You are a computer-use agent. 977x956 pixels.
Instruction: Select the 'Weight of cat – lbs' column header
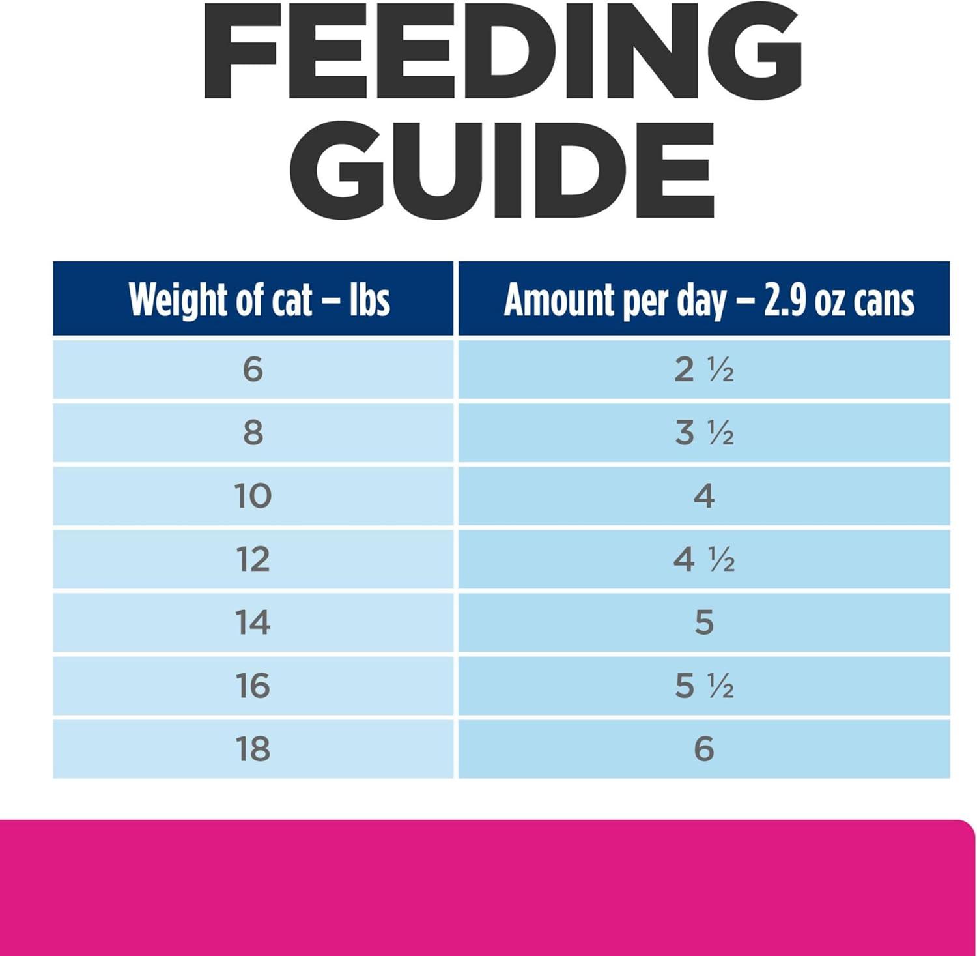tap(259, 300)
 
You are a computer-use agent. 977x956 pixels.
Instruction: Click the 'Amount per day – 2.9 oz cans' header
tap(709, 300)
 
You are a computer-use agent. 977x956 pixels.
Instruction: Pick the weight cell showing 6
tap(253, 369)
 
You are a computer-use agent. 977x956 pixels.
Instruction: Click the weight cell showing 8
tap(253, 433)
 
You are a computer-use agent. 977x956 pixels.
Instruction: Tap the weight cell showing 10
tap(253, 496)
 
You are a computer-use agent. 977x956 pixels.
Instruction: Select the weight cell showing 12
tap(253, 559)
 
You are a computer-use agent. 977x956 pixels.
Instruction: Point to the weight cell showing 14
tap(253, 622)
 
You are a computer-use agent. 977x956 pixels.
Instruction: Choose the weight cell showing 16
tap(253, 686)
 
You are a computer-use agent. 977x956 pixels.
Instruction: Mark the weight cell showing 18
tap(253, 749)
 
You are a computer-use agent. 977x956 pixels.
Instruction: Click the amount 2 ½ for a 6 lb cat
tap(704, 369)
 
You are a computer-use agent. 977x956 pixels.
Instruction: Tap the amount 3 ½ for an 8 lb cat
tap(704, 433)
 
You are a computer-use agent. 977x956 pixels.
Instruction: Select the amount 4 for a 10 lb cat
tap(704, 496)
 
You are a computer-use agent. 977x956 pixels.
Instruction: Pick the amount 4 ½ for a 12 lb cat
tap(704, 559)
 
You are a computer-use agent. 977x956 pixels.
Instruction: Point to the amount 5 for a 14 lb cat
tap(704, 622)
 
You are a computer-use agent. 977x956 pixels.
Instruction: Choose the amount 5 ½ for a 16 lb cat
tap(704, 686)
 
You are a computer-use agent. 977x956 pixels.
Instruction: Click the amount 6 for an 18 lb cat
tap(704, 749)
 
